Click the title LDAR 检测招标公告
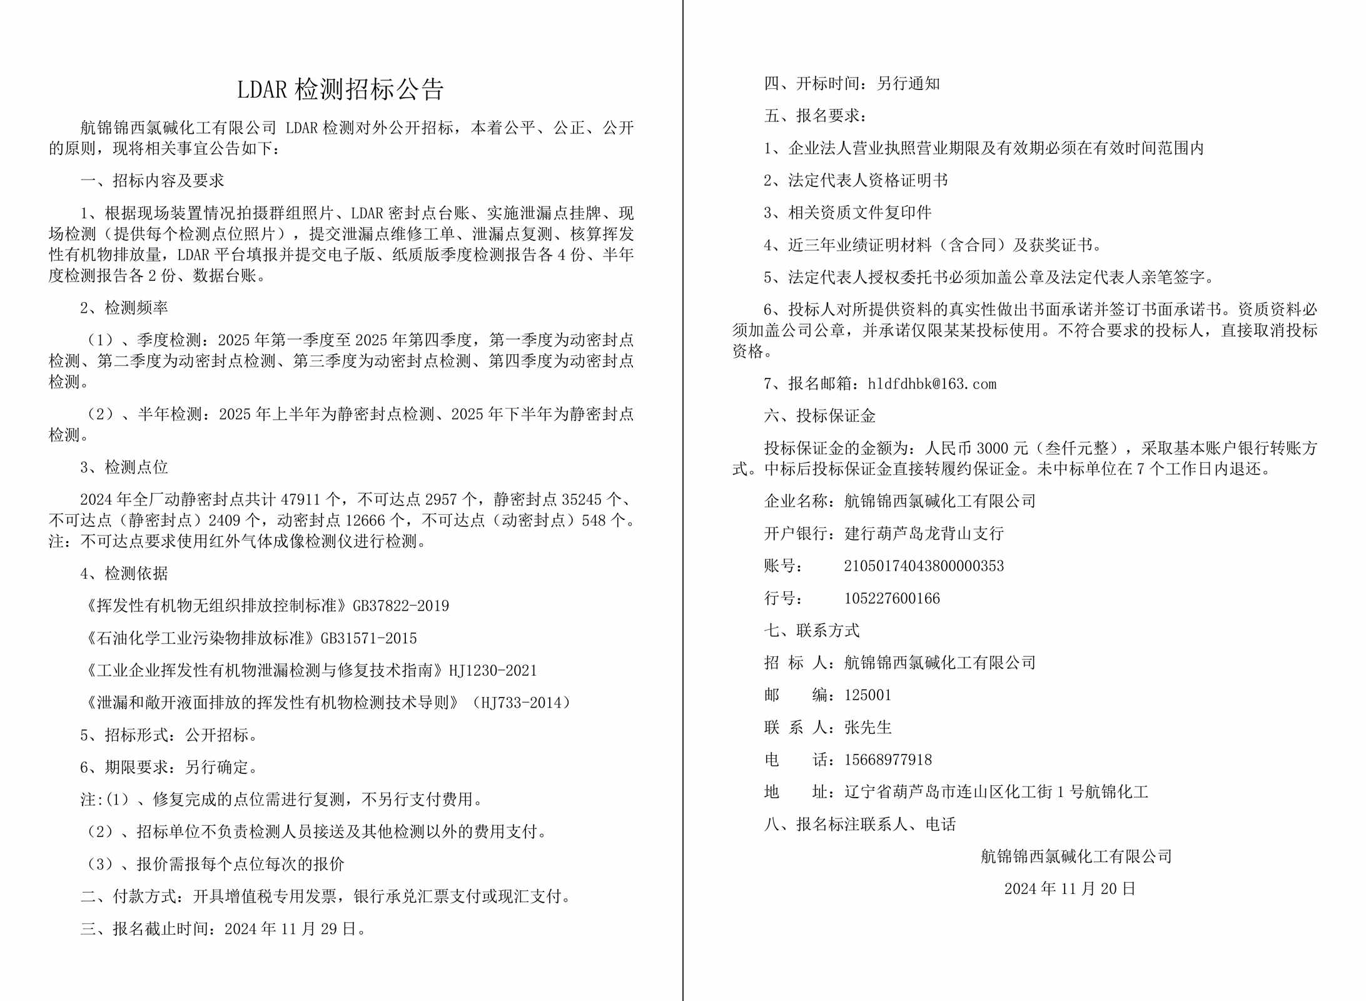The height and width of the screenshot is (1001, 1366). [x=340, y=89]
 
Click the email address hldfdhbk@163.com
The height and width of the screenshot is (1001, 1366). [x=931, y=384]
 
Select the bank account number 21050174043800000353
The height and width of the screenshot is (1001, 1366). [x=923, y=566]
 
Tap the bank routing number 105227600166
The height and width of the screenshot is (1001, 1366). [x=891, y=599]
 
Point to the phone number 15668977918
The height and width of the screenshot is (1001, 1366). [x=888, y=760]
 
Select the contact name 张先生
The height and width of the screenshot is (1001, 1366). [x=868, y=728]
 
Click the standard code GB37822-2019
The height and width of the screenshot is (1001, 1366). [x=401, y=606]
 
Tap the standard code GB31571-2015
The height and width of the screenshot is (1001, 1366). [x=368, y=639]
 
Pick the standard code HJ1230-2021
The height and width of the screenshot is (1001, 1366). [x=493, y=671]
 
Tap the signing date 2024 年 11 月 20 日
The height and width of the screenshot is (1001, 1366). [x=1070, y=889]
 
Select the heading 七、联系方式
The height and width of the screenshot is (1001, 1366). [x=812, y=631]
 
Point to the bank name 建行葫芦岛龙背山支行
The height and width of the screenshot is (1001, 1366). [x=924, y=534]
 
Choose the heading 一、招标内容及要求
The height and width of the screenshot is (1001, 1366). [x=152, y=181]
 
